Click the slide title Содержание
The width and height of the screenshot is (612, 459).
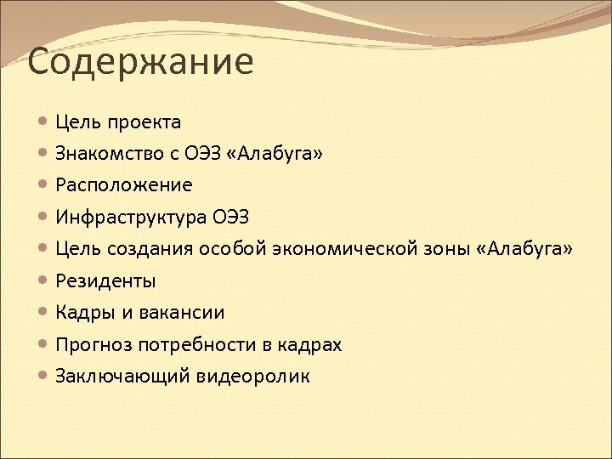(x=140, y=63)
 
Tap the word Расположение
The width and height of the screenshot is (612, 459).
(x=124, y=185)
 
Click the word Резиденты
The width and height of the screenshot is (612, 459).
(x=105, y=280)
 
